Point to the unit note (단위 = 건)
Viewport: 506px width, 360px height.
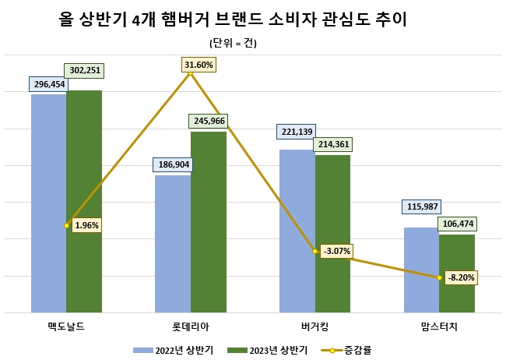coord(234,43)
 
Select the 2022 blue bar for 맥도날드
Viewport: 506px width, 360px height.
coord(48,203)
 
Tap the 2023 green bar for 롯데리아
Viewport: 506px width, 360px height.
coord(208,222)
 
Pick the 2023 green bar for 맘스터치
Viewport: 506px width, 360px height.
coord(457,273)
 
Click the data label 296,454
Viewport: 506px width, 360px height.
coord(48,83)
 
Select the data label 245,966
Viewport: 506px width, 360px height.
coord(209,121)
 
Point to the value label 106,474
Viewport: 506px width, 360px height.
coord(457,224)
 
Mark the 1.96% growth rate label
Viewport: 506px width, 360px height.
coord(86,225)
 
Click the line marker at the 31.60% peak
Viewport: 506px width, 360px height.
coord(190,74)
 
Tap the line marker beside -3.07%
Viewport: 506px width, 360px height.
coord(314,251)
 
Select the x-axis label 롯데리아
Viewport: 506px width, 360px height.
coord(190,325)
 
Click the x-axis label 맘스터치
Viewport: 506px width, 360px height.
coord(439,325)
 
